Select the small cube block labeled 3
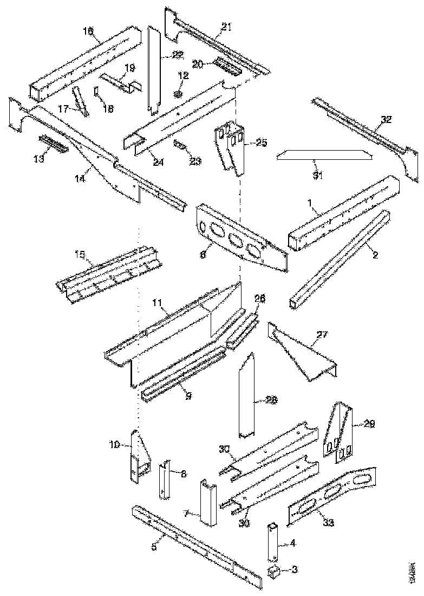274,572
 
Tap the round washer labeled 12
179,94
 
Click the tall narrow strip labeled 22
154,70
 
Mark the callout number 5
154,547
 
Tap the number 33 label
328,523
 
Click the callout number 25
262,142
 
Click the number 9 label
188,396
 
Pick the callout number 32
386,119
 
